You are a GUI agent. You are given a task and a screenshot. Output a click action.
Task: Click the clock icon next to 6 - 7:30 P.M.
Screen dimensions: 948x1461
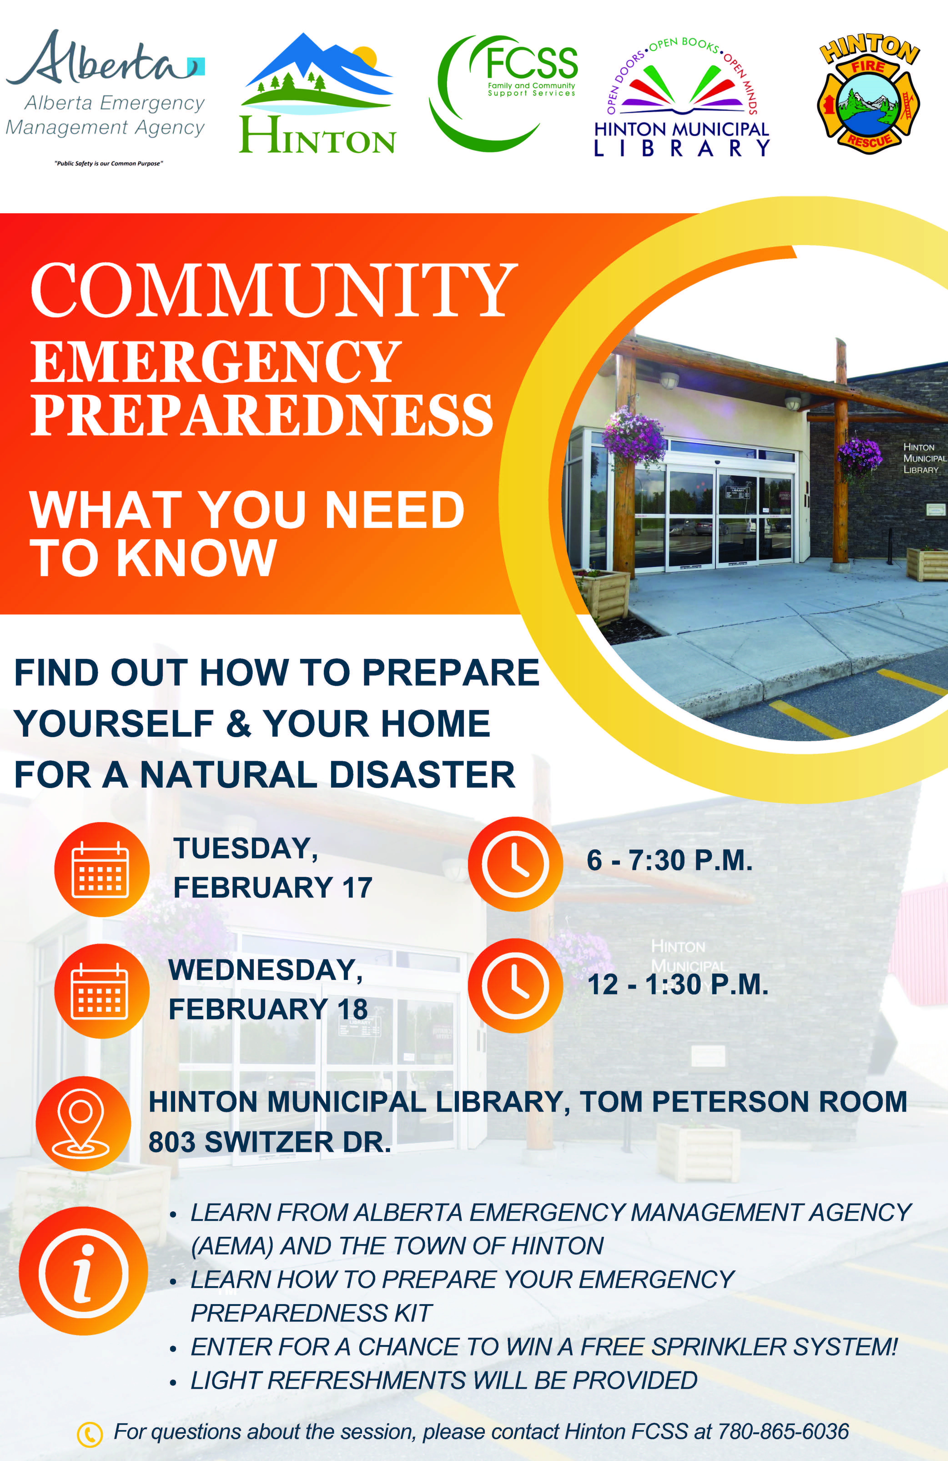tap(515, 864)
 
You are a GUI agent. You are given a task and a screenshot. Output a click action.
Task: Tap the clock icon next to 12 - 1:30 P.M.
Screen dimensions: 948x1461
tap(515, 985)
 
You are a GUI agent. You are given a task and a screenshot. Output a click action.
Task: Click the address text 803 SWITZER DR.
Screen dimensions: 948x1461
tap(270, 1142)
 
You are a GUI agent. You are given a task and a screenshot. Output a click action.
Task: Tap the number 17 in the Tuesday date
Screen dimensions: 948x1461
tap(357, 888)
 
